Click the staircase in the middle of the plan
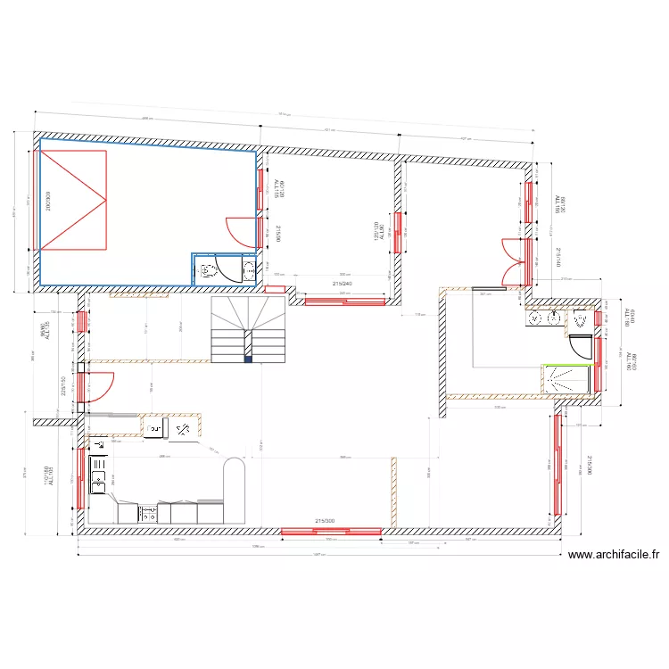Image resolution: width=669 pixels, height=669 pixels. click(246, 330)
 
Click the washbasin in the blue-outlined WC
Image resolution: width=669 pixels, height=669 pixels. click(248, 270)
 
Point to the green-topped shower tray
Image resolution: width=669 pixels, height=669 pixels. click(567, 377)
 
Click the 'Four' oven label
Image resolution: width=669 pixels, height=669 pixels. click(154, 429)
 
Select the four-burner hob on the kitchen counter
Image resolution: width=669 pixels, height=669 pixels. click(149, 513)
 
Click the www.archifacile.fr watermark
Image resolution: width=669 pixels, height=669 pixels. click(614, 554)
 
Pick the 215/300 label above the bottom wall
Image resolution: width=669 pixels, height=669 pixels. click(325, 521)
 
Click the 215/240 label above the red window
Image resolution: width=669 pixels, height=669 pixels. click(343, 284)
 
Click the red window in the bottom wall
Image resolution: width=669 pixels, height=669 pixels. click(332, 532)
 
